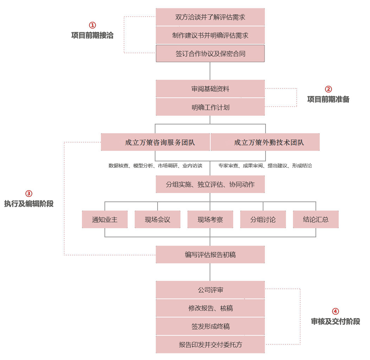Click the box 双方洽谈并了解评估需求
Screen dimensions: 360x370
[x=210, y=17]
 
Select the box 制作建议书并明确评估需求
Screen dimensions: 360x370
[x=210, y=35]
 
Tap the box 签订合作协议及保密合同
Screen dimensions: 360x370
[x=210, y=53]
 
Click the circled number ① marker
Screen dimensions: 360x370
[x=92, y=25]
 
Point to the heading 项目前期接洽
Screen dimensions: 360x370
[x=92, y=36]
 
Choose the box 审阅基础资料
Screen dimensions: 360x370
[x=210, y=89]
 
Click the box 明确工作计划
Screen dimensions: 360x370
[x=210, y=107]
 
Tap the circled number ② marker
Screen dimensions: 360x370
[x=328, y=89]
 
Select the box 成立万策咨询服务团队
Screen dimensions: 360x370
[x=155, y=142]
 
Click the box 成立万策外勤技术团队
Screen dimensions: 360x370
[x=265, y=142]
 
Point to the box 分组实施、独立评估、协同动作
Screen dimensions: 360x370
[x=210, y=184]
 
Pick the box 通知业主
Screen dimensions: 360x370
[x=105, y=219]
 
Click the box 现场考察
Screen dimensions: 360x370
[x=210, y=219]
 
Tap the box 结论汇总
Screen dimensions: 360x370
[x=315, y=219]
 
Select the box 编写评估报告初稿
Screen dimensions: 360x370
[x=210, y=255]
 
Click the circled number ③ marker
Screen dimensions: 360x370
[x=29, y=193]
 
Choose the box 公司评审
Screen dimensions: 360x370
[x=210, y=290]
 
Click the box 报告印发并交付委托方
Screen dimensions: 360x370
[x=210, y=345]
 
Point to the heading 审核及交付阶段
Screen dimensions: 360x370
[x=335, y=321]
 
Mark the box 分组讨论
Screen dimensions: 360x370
[x=263, y=219]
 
